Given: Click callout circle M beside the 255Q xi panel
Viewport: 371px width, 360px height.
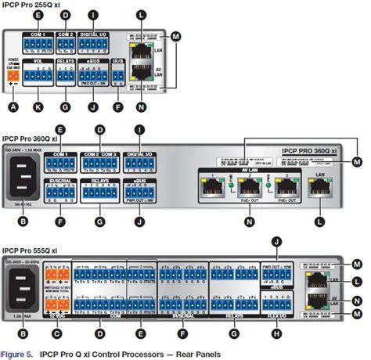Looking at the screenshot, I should click(x=175, y=36).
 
